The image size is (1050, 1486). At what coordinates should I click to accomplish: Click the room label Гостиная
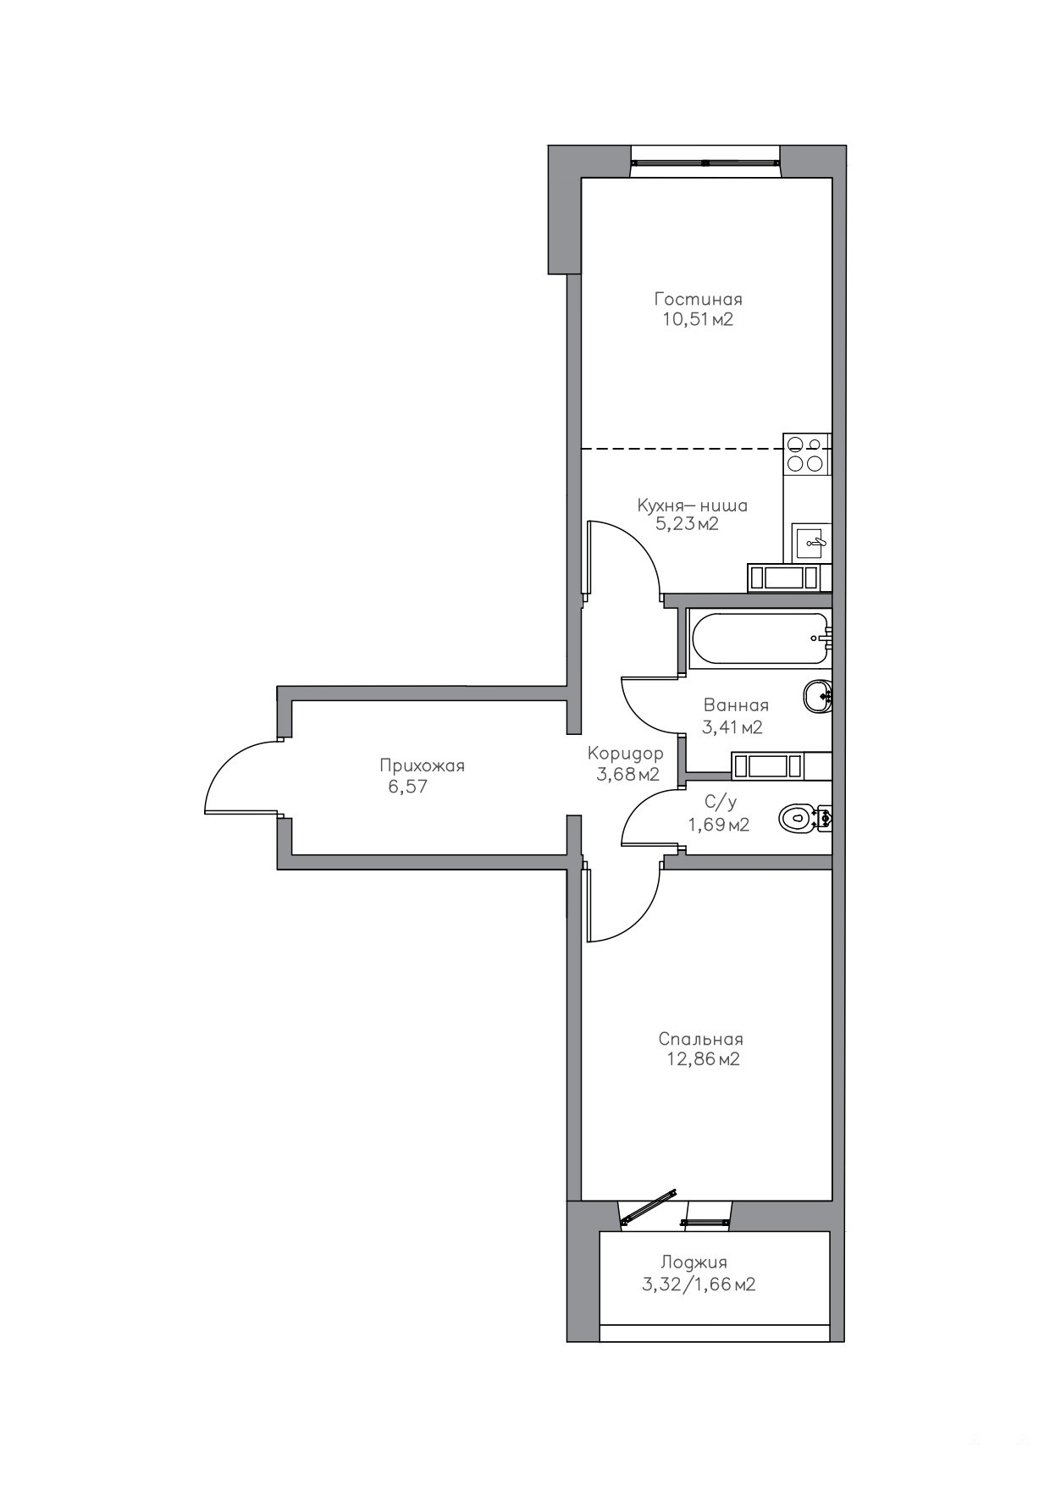click(x=698, y=299)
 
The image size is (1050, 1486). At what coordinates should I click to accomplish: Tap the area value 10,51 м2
click(x=698, y=319)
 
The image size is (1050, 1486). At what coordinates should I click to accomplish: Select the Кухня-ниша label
click(x=693, y=505)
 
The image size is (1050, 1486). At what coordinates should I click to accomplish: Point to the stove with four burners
click(x=807, y=453)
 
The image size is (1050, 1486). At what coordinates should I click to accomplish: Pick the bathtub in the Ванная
click(x=758, y=638)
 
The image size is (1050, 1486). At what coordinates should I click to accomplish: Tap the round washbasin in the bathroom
click(x=817, y=698)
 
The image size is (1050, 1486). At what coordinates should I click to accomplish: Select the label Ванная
click(x=736, y=705)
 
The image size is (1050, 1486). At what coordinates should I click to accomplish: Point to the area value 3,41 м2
click(x=732, y=726)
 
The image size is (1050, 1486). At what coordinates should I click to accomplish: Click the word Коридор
click(x=626, y=753)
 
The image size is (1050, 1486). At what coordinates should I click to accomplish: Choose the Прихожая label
click(x=422, y=765)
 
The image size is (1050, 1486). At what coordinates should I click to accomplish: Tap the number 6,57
click(x=407, y=787)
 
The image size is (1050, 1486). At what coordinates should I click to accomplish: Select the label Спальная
click(x=701, y=1039)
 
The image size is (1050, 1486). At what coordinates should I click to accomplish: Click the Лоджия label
click(x=694, y=1262)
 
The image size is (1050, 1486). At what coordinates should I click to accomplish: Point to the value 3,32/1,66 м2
click(x=699, y=1284)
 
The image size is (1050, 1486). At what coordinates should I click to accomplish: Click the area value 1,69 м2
click(x=719, y=824)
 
